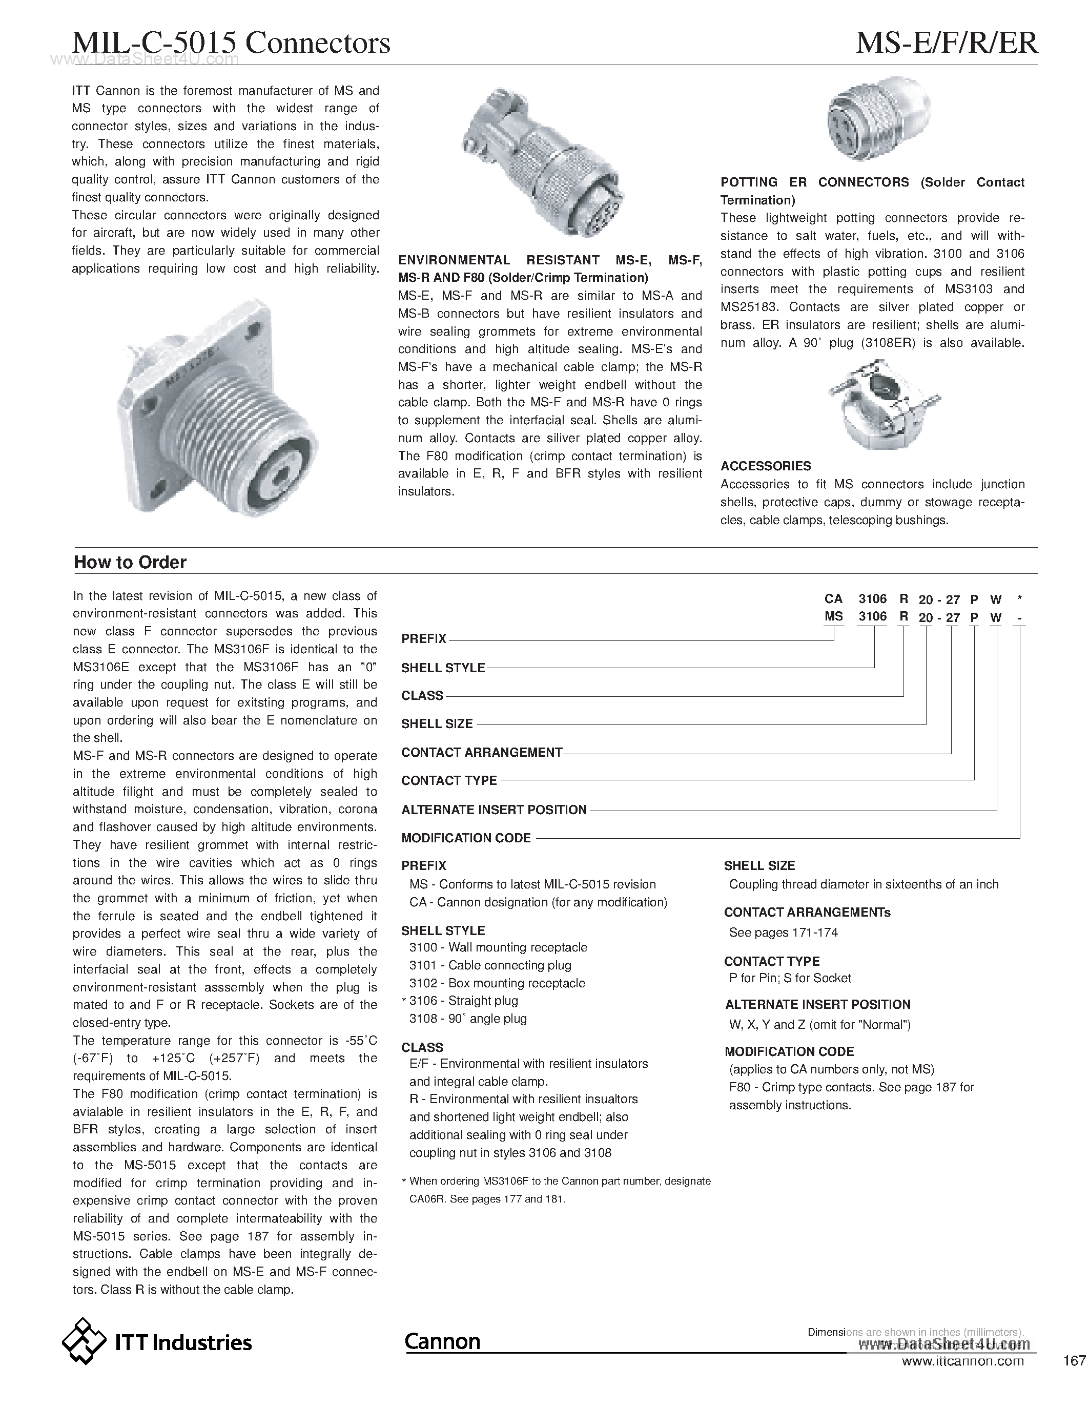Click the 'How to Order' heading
[130, 562]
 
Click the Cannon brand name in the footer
[443, 1341]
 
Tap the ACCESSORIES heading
[766, 466]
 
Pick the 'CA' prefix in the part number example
[833, 598]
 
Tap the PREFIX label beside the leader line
[424, 639]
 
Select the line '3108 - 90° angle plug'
[468, 1018]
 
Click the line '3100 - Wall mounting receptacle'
[498, 947]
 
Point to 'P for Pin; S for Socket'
[790, 978]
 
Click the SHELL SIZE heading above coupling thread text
[759, 866]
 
